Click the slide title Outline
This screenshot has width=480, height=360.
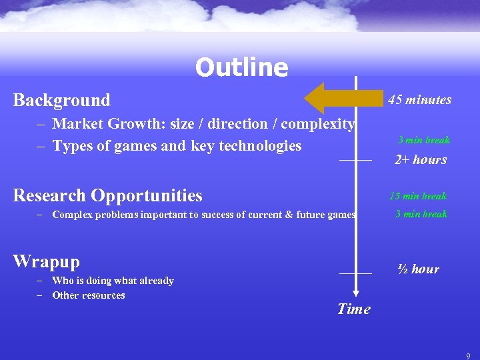pyautogui.click(x=241, y=67)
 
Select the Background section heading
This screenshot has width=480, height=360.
pyautogui.click(x=62, y=101)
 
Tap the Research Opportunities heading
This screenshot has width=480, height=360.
pyautogui.click(x=107, y=195)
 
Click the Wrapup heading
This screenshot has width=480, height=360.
pyautogui.click(x=46, y=261)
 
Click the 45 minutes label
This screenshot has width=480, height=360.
pyautogui.click(x=419, y=100)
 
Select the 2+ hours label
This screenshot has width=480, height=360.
pyautogui.click(x=420, y=160)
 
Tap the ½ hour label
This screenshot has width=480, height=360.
pyautogui.click(x=418, y=269)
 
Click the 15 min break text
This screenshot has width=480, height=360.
pyautogui.click(x=418, y=196)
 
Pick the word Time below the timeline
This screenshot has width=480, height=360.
pyautogui.click(x=353, y=309)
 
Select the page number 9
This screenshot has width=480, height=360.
pyautogui.click(x=468, y=355)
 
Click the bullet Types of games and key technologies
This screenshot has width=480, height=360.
pyautogui.click(x=177, y=146)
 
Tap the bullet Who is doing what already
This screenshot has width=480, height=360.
pyautogui.click(x=113, y=281)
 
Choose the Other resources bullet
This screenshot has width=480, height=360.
pyautogui.click(x=88, y=295)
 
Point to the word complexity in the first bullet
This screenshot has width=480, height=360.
pyautogui.click(x=320, y=124)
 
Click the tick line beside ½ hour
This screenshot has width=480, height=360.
pyautogui.click(x=355, y=273)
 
